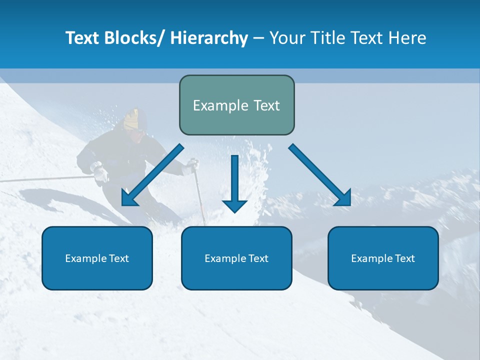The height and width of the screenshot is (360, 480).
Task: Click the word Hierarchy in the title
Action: click(x=209, y=38)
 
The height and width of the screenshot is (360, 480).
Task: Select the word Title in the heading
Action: click(x=324, y=38)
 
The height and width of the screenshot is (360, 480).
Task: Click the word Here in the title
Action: click(x=407, y=38)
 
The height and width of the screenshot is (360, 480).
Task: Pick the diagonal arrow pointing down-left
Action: click(x=152, y=175)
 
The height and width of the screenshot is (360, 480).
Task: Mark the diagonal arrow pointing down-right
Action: click(x=320, y=175)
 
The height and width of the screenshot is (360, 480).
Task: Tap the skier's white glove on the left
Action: click(x=100, y=172)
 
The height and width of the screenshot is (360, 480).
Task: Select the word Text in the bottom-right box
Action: click(x=404, y=258)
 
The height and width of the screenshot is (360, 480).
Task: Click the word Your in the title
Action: click(x=287, y=38)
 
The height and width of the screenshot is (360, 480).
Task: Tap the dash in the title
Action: click(x=258, y=38)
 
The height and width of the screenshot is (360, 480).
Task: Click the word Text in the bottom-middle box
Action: click(x=257, y=258)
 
